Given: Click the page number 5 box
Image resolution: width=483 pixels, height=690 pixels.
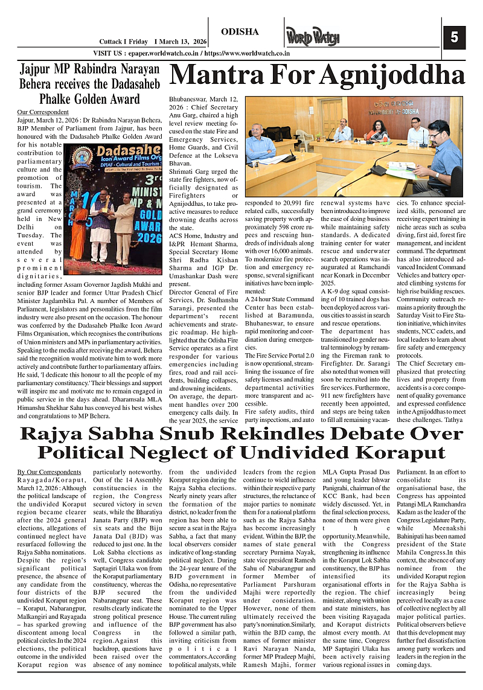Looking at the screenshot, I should tap(454, 37).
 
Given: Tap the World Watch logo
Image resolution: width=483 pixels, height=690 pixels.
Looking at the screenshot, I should tap(313, 37).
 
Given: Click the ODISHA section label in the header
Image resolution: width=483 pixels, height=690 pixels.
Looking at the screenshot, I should tap(240, 31).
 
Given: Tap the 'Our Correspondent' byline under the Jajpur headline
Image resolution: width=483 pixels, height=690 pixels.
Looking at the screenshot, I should tap(43, 112).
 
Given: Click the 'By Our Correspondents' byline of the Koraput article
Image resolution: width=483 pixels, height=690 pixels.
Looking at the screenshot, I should tap(49, 471).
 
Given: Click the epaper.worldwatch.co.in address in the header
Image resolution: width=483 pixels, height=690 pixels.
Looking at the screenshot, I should tap(162, 53).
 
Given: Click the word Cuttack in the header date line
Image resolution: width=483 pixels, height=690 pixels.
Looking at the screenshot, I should tap(112, 41).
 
